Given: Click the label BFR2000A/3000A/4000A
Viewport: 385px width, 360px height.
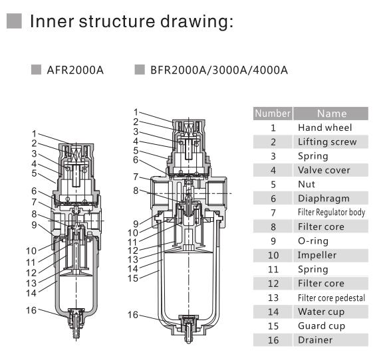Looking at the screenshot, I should (x=217, y=70).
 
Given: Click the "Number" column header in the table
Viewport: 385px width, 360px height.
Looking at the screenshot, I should (x=273, y=114).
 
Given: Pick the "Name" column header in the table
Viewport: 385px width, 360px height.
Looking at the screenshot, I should (x=330, y=114).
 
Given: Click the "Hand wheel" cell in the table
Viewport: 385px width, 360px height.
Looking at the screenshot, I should (x=324, y=128).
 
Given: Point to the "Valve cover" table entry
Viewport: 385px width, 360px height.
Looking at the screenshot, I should (x=324, y=170).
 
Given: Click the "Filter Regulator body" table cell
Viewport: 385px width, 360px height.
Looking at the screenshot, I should (x=330, y=213).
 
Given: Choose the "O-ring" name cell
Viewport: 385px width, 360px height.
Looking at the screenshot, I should (x=313, y=240).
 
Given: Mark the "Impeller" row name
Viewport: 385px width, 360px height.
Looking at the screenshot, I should (x=317, y=255).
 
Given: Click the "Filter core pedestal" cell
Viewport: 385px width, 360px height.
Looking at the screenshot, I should (x=330, y=298).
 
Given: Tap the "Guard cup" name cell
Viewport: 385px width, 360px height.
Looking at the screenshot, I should (x=321, y=326).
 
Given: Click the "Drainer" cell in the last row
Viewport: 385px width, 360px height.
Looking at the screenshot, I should (x=315, y=340).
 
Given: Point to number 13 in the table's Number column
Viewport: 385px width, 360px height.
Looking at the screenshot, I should (x=273, y=298).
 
